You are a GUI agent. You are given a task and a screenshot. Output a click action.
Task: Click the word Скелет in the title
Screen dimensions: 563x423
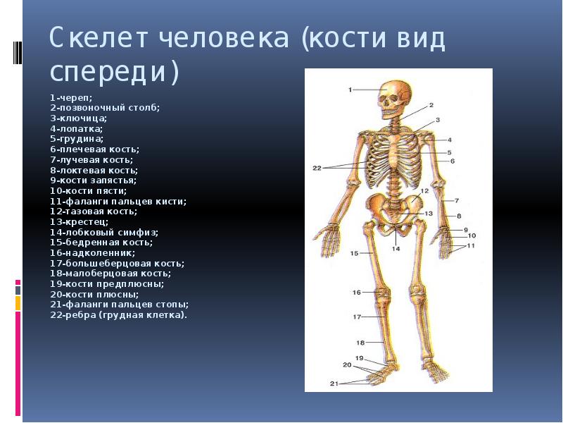(x=99, y=37)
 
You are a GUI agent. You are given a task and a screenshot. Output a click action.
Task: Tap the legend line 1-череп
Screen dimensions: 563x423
(x=71, y=97)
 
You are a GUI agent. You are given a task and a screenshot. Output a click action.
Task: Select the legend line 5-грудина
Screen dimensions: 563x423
(x=77, y=139)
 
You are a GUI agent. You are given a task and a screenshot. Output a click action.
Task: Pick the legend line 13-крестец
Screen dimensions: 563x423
(x=79, y=221)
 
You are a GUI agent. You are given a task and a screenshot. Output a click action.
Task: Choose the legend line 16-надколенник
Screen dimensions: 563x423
(x=92, y=253)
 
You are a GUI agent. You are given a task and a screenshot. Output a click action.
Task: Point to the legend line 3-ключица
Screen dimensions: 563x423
(x=78, y=118)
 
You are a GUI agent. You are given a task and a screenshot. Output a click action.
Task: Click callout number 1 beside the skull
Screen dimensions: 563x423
(x=350, y=90)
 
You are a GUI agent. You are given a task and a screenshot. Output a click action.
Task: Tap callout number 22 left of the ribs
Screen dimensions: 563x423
(x=317, y=168)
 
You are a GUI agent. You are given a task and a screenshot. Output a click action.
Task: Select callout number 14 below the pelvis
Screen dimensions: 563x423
(x=396, y=249)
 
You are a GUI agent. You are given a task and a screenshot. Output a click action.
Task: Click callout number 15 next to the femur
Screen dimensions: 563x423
(x=354, y=253)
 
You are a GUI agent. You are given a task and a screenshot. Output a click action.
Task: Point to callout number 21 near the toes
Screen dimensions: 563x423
(x=334, y=384)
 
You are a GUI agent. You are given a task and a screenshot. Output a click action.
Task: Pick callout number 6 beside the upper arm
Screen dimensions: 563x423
(x=453, y=161)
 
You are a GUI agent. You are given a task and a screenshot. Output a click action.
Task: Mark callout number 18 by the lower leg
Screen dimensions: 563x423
(x=360, y=343)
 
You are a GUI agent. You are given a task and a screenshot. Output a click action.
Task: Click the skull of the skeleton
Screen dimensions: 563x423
(x=394, y=99)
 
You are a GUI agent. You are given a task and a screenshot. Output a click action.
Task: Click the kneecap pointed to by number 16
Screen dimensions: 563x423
(x=383, y=292)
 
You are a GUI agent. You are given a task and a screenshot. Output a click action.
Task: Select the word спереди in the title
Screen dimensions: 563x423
(x=114, y=72)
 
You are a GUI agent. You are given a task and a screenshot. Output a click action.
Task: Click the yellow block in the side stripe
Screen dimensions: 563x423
(x=18, y=303)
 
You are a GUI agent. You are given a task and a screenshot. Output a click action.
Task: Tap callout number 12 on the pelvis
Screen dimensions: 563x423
(x=425, y=191)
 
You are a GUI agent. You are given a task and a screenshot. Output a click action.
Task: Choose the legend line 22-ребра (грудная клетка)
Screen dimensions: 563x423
(x=118, y=315)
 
